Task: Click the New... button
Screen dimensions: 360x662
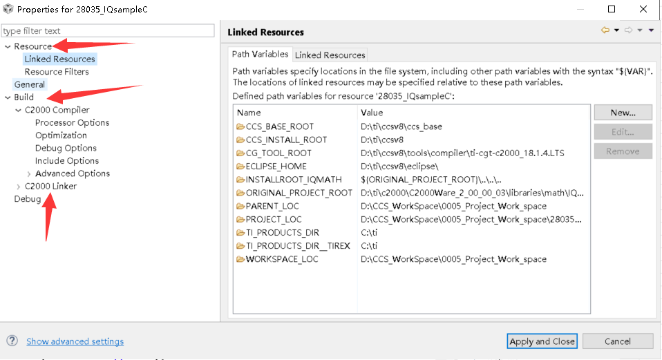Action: click(623, 113)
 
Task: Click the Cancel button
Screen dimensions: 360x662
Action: click(617, 341)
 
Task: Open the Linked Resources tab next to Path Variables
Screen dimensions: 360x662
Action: click(330, 55)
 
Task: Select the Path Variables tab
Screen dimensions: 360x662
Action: click(260, 55)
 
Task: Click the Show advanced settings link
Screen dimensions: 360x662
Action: click(75, 341)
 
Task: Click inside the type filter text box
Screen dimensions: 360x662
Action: click(108, 31)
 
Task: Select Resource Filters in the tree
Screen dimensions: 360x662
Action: click(57, 72)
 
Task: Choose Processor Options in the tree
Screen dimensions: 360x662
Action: click(72, 123)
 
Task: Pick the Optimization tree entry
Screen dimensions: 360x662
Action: click(61, 135)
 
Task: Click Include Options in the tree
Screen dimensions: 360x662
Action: click(67, 161)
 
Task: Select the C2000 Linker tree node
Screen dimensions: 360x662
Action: click(50, 187)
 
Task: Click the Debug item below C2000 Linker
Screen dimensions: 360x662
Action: click(27, 199)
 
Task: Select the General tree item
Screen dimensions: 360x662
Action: click(29, 84)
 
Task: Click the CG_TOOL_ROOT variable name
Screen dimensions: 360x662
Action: click(278, 153)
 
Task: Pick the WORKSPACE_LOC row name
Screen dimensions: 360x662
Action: click(282, 259)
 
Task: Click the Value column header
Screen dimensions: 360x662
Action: click(372, 113)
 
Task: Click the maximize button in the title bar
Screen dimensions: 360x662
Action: click(612, 10)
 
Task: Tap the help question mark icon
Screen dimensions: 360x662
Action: click(12, 341)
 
